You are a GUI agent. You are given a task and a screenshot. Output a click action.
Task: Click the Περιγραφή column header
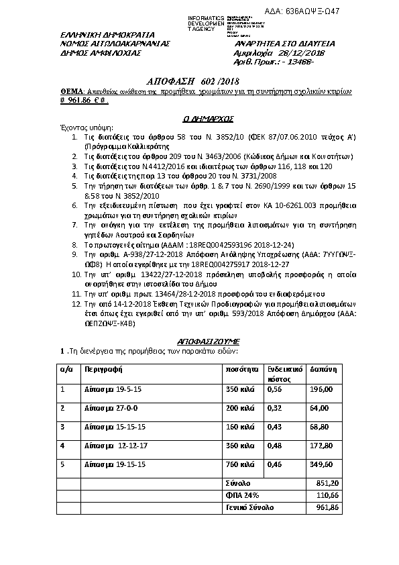102,369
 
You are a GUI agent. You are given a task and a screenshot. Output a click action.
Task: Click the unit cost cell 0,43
274,426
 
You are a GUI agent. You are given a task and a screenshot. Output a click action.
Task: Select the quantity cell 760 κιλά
240,464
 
